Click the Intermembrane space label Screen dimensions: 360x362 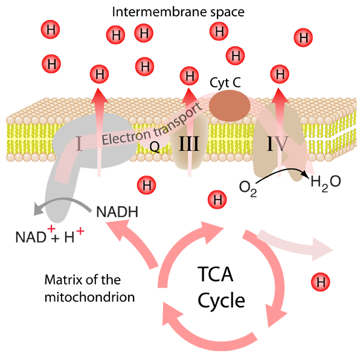point(178,12)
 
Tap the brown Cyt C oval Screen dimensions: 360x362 point(230,106)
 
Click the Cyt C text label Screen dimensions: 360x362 point(225,83)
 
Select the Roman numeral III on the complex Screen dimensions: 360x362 point(189,144)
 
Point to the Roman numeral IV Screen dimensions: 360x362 point(277,144)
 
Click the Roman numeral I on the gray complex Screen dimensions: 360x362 point(79,144)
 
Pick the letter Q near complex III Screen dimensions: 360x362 point(155,147)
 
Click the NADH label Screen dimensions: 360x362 point(117,212)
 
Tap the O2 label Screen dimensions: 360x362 point(248,188)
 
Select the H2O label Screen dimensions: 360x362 point(326,182)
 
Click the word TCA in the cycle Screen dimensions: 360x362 point(216,274)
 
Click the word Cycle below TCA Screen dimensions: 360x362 point(221,301)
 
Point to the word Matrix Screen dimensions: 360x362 point(63,280)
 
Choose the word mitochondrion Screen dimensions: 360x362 point(89,297)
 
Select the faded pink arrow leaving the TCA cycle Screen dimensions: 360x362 point(295,245)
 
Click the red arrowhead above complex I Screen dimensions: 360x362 point(99,96)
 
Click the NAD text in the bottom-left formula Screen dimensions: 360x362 point(31,237)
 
